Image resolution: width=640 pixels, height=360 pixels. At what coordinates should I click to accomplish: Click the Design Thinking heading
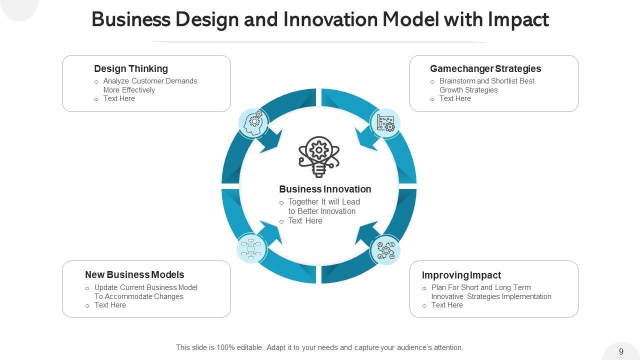pyautogui.click(x=131, y=69)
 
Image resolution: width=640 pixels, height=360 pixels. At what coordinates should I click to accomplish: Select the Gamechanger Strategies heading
pyautogui.click(x=485, y=69)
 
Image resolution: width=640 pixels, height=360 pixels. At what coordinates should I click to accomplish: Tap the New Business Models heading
pyautogui.click(x=134, y=275)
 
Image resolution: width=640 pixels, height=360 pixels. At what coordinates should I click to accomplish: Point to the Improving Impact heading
pyautogui.click(x=461, y=275)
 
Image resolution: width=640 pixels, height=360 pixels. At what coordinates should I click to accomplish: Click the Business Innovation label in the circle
pyautogui.click(x=325, y=189)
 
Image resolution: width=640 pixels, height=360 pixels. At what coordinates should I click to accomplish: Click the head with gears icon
pyautogui.click(x=253, y=123)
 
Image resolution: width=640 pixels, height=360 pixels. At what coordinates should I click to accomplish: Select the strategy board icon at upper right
pyautogui.click(x=385, y=123)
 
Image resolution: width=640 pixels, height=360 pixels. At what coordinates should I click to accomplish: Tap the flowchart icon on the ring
pyautogui.click(x=251, y=248)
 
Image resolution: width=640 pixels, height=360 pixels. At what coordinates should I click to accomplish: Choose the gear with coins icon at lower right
pyautogui.click(x=385, y=250)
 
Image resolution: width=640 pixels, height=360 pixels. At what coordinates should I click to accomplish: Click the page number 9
pyautogui.click(x=621, y=351)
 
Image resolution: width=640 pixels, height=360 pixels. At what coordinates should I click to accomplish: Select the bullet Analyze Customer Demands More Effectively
pyautogui.click(x=150, y=85)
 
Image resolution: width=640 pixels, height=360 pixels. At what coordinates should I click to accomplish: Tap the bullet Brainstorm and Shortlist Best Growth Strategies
pyautogui.click(x=486, y=85)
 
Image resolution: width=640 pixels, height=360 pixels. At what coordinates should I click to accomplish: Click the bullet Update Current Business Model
pyautogui.click(x=145, y=292)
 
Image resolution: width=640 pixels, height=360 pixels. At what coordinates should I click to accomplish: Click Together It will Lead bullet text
pyautogui.click(x=324, y=206)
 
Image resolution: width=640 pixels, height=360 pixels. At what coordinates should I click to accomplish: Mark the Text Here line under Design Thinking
pyautogui.click(x=119, y=99)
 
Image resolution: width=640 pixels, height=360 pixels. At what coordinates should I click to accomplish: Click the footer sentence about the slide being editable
pyautogui.click(x=319, y=347)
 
